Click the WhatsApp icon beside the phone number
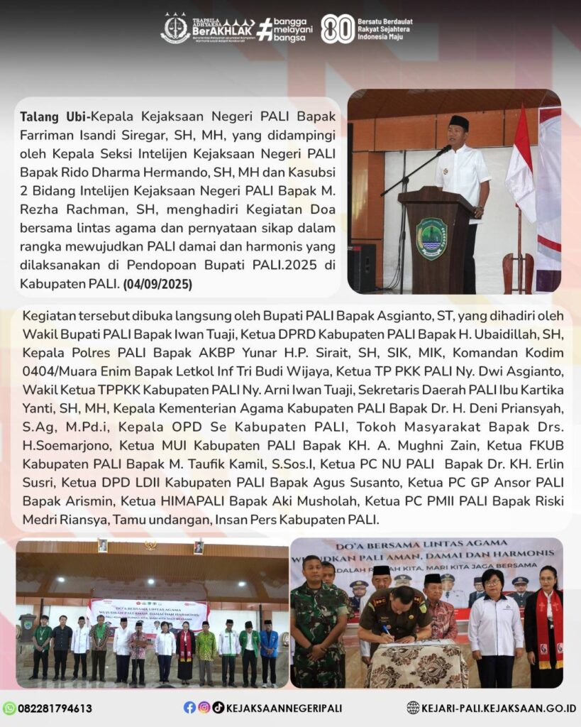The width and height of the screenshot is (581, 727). tap(9, 708)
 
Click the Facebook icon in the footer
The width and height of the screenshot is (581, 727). tap(189, 707)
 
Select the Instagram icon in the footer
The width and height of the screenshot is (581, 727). tap(204, 707)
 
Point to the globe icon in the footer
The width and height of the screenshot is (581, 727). tap(413, 708)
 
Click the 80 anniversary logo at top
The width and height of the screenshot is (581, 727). tap(338, 29)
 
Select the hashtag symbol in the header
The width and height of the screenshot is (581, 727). tap(265, 29)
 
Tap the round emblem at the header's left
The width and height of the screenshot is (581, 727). tap(175, 28)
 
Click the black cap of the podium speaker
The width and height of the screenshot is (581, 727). tap(459, 121)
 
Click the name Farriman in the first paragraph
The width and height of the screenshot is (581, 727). tap(46, 133)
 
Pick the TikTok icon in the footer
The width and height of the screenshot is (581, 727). tap(218, 707)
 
